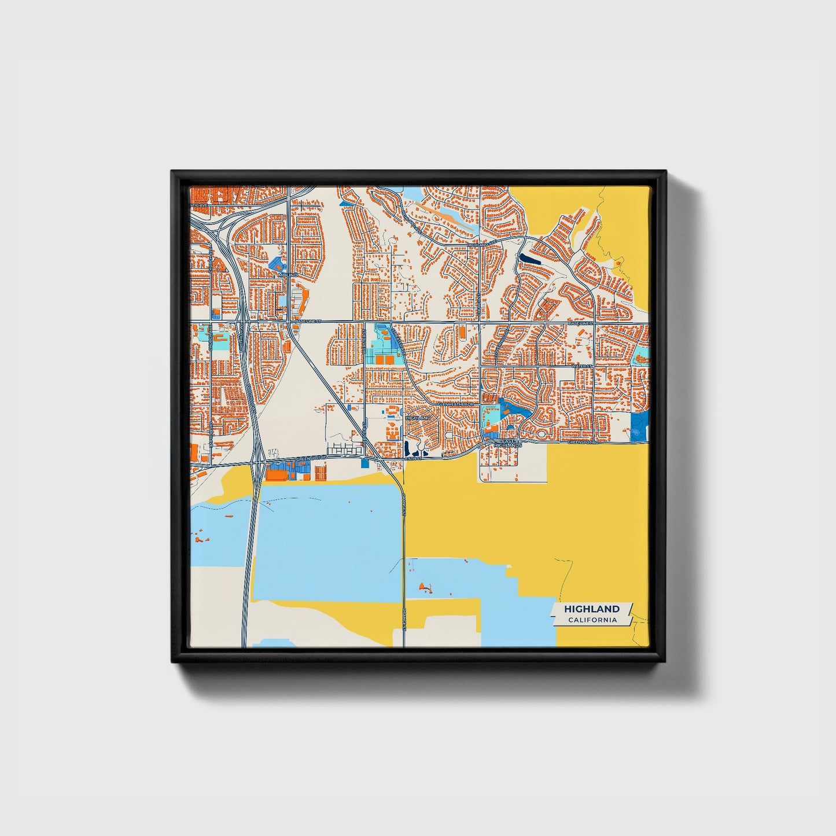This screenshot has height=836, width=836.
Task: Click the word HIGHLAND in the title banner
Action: (x=592, y=609)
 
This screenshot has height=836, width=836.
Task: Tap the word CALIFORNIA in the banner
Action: (x=592, y=620)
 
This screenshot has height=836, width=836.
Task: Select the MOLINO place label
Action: (x=288, y=275)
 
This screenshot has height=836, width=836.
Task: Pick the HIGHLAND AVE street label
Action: (x=481, y=245)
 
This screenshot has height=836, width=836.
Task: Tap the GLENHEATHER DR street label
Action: (x=455, y=404)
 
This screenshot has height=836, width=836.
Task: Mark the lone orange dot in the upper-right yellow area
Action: (x=618, y=263)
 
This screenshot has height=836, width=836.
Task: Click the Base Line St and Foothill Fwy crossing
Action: (x=244, y=322)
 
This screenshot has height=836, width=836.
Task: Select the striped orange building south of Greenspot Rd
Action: (x=320, y=473)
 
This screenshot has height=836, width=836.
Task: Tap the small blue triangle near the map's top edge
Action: (x=345, y=202)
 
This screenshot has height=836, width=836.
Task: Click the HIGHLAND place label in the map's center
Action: (x=419, y=417)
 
